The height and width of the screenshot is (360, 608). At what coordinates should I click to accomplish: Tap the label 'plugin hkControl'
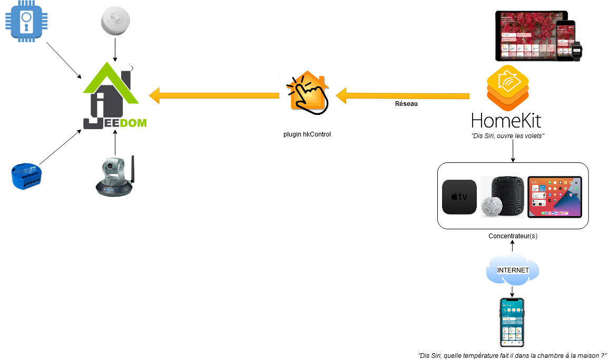coord(307,134)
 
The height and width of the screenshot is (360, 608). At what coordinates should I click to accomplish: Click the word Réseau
coord(406,104)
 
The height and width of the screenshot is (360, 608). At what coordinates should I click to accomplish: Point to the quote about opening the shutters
coord(507,136)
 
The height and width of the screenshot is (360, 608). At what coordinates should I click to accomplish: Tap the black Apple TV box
coord(459,197)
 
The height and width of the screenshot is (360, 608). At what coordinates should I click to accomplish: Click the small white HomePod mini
coord(492,206)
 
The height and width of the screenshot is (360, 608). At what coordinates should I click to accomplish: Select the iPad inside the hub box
coord(554,197)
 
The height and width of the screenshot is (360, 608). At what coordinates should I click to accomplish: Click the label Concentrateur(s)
coord(513,236)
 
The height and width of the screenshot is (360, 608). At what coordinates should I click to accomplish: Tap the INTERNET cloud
coord(513,270)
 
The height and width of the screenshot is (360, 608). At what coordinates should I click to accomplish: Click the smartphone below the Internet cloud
coord(512,322)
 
